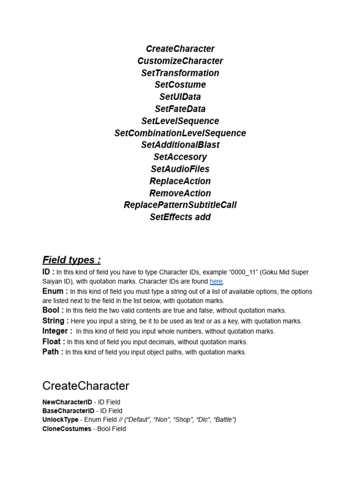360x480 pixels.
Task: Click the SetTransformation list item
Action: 180,73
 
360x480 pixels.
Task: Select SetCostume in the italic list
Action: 180,85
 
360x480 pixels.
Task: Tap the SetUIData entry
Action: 180,97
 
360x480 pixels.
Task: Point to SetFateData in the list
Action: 180,109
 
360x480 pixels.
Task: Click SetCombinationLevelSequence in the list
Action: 180,133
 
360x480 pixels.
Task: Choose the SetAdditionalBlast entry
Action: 180,145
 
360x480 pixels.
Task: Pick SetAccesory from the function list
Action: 180,157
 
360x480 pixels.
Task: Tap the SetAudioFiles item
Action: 180,169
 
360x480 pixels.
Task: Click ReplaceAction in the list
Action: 180,181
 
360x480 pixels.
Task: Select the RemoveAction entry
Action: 180,193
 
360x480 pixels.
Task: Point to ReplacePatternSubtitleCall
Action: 180,205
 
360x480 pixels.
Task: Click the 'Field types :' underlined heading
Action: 71,260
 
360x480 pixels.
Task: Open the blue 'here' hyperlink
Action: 216,281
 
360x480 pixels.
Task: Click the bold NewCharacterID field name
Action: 67,402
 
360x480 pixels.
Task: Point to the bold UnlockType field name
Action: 60,420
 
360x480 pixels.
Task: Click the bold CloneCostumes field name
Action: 67,428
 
